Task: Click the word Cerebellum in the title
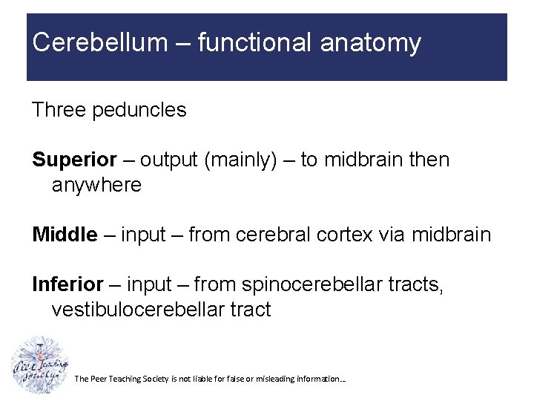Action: (x=100, y=43)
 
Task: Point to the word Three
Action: (x=59, y=111)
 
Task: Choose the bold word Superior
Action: (x=74, y=160)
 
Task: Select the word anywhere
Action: (x=96, y=185)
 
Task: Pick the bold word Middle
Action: (x=65, y=235)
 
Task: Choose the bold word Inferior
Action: (x=67, y=284)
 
